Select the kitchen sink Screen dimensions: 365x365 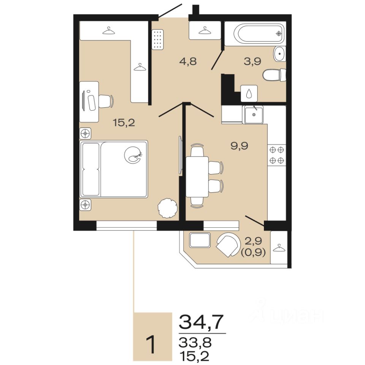[x=254, y=114]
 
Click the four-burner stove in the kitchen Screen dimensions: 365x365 [x=277, y=155]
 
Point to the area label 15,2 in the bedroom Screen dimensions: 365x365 [x=124, y=122]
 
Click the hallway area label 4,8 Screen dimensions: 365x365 [x=188, y=62]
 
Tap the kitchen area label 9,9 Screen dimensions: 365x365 [x=239, y=146]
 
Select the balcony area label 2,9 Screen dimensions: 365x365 [x=253, y=241]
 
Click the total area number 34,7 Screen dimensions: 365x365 [x=201, y=322]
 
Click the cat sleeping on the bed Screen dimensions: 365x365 [x=133, y=155]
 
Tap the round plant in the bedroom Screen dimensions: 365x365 [x=168, y=208]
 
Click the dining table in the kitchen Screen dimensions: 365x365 [x=197, y=177]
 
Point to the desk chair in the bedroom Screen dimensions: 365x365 [x=106, y=101]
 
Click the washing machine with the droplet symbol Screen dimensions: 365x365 [x=249, y=94]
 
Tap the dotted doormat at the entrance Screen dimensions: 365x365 [x=157, y=40]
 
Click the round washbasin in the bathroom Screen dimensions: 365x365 [x=280, y=54]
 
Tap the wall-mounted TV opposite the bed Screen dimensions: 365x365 [x=180, y=155]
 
